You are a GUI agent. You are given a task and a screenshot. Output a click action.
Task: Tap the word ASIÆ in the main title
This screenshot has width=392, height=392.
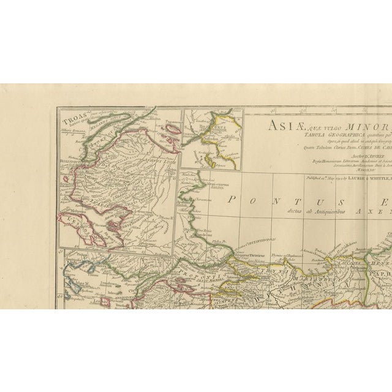click(x=279, y=126)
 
